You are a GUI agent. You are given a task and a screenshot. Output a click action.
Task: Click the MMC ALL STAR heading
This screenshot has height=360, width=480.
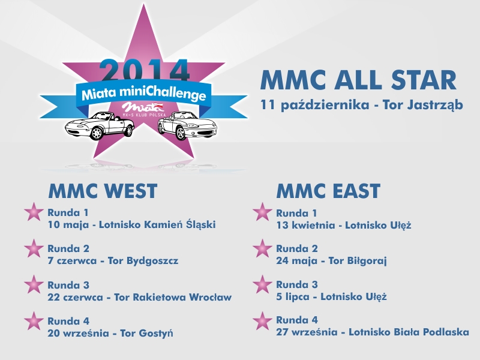pyautogui.click(x=358, y=80)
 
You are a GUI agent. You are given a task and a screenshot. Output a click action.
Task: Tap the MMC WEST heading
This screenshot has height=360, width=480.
pyautogui.click(x=103, y=191)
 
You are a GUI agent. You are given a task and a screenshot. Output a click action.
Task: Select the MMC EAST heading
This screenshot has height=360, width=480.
pyautogui.click(x=328, y=191)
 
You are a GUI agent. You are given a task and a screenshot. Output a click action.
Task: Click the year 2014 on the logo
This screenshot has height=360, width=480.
pyautogui.click(x=144, y=71)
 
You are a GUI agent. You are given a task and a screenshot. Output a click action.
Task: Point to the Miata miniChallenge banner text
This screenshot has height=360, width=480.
pyautogui.click(x=143, y=94)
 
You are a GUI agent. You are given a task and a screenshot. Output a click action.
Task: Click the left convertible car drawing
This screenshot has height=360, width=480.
pyautogui.click(x=100, y=126)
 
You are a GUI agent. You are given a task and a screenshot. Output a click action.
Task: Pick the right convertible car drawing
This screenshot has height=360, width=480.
pyautogui.click(x=187, y=125)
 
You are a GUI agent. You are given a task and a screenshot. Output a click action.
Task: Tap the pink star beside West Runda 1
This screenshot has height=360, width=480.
pyautogui.click(x=34, y=212)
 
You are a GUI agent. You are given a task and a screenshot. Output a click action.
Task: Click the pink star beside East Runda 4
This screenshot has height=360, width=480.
pyautogui.click(x=262, y=321)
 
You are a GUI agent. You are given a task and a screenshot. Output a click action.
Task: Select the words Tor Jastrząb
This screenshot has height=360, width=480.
pyautogui.click(x=423, y=105)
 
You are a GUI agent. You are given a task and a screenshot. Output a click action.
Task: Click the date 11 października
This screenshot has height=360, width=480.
pyautogui.click(x=314, y=105)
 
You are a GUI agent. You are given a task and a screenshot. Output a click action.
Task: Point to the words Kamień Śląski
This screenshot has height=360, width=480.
pyautogui.click(x=179, y=224)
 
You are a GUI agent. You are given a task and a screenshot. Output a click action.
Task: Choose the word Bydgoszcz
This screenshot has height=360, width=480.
pyautogui.click(x=152, y=261)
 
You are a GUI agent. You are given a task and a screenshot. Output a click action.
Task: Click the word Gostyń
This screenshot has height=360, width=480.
pyautogui.click(x=156, y=333)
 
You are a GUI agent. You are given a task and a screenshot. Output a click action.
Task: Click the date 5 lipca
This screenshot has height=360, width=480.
pyautogui.click(x=293, y=296)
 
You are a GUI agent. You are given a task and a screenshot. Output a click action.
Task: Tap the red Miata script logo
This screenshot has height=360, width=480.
pyautogui.click(x=143, y=107)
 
